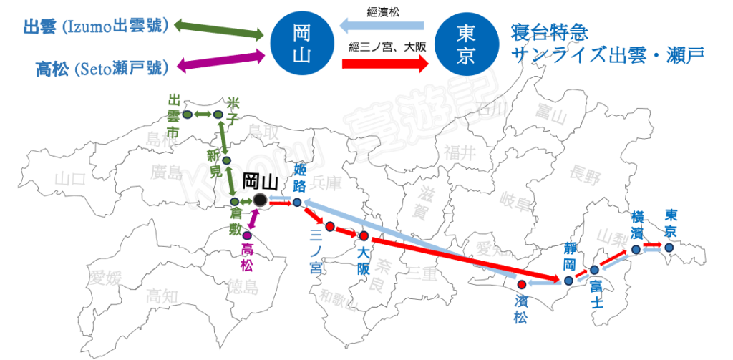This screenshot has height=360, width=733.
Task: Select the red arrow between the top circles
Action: click(385, 64)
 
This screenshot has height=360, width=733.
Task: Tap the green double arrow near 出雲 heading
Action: click(219, 29)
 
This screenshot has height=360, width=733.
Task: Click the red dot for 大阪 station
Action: click(364, 236)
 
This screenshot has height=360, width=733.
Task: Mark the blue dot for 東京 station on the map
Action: click(669, 248)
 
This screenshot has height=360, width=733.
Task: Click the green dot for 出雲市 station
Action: click(186, 115)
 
